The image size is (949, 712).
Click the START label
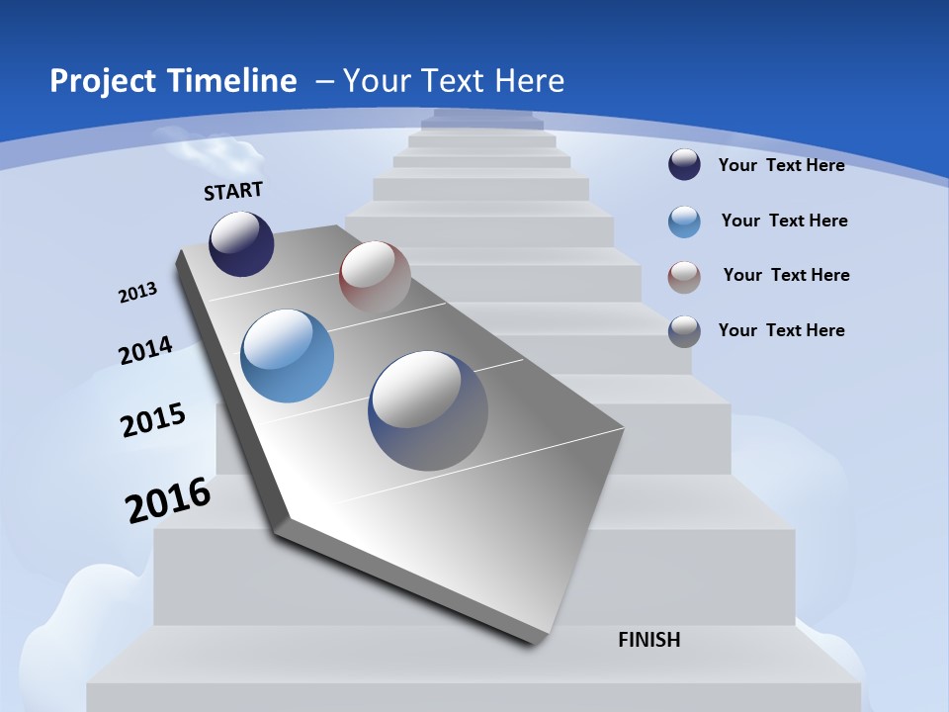(233, 191)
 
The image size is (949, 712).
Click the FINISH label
(649, 640)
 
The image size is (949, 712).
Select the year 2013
(138, 292)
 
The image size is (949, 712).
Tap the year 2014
(146, 351)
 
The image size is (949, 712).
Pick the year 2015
(153, 420)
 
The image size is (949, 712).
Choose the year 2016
(168, 499)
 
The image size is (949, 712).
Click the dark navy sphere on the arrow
(241, 244)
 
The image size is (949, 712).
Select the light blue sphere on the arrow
(288, 356)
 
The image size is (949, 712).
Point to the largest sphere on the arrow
(428, 410)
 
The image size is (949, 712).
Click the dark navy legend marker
(684, 164)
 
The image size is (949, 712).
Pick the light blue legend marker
(684, 222)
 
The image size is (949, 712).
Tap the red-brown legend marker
(684, 277)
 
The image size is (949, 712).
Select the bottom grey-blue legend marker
(684, 330)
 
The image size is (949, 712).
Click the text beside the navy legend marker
(781, 165)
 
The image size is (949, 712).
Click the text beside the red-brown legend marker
(786, 275)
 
